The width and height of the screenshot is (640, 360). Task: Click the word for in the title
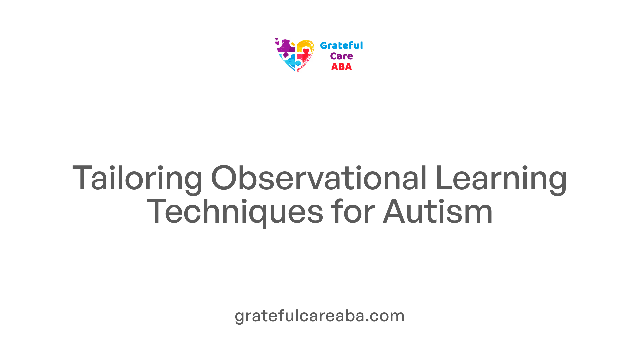tap(353, 211)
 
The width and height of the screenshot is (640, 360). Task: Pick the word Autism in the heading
tap(438, 211)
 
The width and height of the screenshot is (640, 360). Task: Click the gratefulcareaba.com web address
tap(320, 316)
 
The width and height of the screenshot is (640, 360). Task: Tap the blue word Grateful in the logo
tap(341, 45)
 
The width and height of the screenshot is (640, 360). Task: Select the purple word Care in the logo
tap(341, 56)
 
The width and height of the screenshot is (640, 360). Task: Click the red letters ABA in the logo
tap(341, 67)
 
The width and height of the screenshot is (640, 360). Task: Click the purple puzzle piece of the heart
tap(286, 47)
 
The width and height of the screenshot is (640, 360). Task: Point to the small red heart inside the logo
tap(306, 51)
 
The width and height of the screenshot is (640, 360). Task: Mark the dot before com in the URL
tap(367, 321)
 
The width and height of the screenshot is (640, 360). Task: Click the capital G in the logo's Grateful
tap(324, 45)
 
